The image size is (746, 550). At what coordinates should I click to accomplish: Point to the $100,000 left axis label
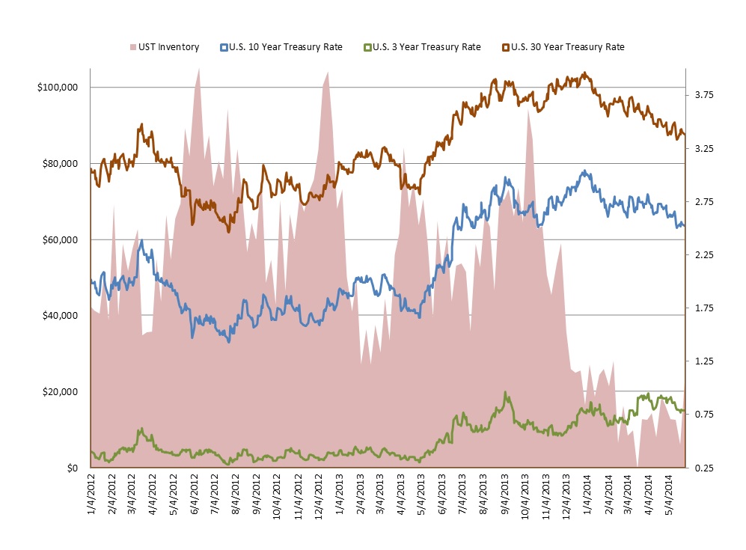(x=58, y=88)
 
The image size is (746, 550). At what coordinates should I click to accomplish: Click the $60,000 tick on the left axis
(x=60, y=240)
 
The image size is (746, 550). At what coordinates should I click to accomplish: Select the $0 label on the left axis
(x=72, y=468)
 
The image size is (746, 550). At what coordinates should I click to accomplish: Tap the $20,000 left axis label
(x=60, y=392)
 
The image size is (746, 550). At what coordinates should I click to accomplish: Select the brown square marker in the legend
(x=505, y=47)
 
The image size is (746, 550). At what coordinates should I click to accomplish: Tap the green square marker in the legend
(x=367, y=47)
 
